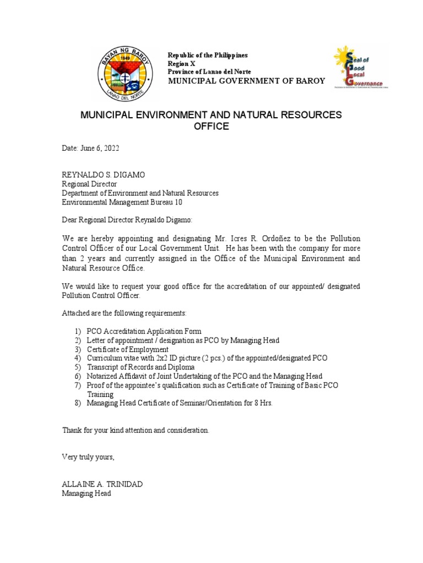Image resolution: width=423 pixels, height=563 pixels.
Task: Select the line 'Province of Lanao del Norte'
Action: pos(209,72)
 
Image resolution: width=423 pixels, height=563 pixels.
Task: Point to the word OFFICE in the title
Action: pos(211,127)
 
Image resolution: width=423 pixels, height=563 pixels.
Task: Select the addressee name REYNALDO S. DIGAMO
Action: pos(103,175)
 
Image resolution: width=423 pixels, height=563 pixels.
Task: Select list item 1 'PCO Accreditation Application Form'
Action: pos(144,332)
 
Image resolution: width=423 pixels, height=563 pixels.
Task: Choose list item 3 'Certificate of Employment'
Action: pos(127,349)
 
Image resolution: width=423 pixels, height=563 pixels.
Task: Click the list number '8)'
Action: pos(78,403)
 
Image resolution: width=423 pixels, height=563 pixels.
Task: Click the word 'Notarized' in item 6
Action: pos(102,376)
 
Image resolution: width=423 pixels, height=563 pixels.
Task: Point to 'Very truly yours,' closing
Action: pos(88,457)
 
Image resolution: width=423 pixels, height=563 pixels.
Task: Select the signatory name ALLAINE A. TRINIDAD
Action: pos(102,484)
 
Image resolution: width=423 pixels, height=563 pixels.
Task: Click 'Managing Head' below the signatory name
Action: pos(86,493)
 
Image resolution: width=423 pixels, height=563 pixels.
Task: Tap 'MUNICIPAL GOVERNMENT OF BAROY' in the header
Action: pos(246,81)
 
